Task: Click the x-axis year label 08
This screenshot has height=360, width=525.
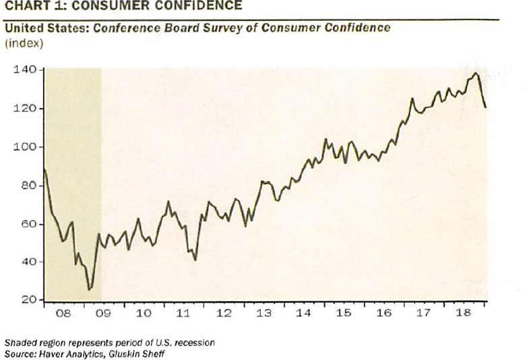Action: pos(63,314)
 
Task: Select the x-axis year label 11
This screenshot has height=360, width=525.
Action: pos(183,314)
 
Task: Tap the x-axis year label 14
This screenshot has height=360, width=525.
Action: pos(303,314)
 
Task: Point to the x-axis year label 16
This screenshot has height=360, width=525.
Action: pos(383,314)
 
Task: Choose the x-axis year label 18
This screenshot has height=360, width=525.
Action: pos(462,314)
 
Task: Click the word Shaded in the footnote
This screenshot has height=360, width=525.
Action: pos(20,342)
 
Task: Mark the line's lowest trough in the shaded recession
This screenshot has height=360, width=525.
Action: pos(89,289)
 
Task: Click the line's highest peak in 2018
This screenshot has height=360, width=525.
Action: pos(476,73)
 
